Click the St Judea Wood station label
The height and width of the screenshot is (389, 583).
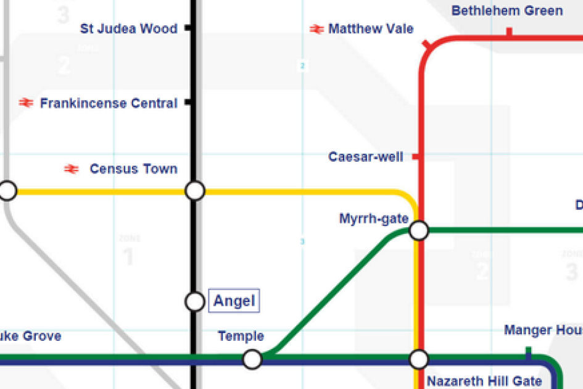point(129,28)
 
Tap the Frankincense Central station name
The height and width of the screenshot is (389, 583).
point(109,103)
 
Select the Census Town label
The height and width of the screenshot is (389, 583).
point(133,169)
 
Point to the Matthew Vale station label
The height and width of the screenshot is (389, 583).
point(371,28)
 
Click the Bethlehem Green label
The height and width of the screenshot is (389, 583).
point(507,10)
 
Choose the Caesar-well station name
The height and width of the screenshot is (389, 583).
point(366,157)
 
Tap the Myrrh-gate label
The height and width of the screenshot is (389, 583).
point(374,219)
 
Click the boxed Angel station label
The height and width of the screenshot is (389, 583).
point(234,301)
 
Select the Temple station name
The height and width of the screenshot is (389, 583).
point(241,337)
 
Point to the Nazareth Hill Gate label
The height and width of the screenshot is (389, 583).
point(484,381)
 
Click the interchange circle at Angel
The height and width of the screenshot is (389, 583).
point(195,301)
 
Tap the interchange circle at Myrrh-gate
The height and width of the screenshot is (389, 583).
point(419,231)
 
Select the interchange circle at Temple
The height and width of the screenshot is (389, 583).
point(252,359)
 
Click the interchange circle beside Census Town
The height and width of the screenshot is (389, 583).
point(195,191)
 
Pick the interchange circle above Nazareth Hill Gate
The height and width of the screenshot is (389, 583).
point(419,359)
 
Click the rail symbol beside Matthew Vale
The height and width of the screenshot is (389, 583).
point(317,29)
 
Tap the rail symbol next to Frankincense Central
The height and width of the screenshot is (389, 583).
point(26,103)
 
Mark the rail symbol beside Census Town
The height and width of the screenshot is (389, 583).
point(72,169)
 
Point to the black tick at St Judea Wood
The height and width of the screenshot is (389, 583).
point(188,28)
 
